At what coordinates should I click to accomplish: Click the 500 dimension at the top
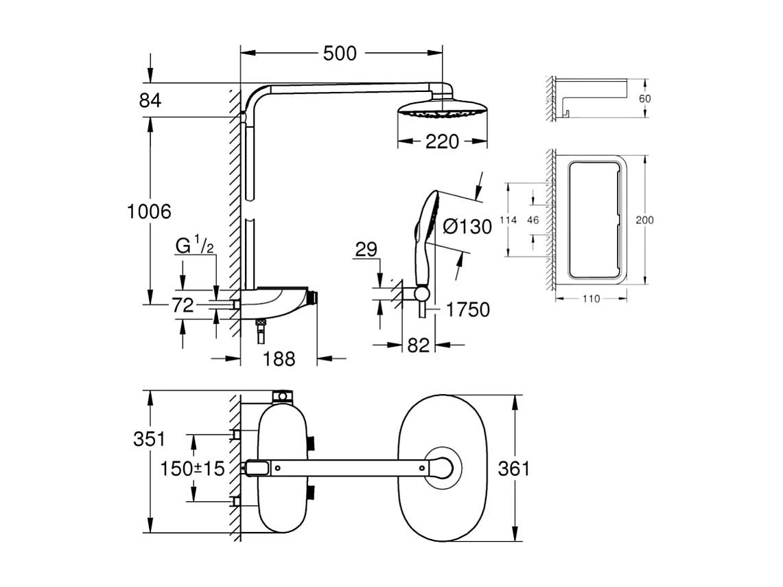coord(340,53)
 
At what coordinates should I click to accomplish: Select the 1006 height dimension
coord(149,211)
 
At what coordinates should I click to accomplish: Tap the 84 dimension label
coord(150,100)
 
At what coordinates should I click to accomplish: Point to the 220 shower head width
coord(442,142)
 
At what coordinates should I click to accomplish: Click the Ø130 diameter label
coord(467,227)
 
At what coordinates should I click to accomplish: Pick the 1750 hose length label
coord(468,310)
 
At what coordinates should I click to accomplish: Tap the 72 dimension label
coord(183,306)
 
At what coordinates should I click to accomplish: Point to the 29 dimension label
coord(366,249)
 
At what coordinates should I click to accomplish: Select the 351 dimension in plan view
coord(149,440)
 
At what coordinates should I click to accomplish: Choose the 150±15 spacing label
coord(193,469)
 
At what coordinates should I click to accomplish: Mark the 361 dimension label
coord(513,469)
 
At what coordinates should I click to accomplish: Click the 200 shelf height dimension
coord(644,220)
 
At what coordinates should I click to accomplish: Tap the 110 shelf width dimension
coord(591,299)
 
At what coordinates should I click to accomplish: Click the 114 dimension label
coord(507,220)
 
